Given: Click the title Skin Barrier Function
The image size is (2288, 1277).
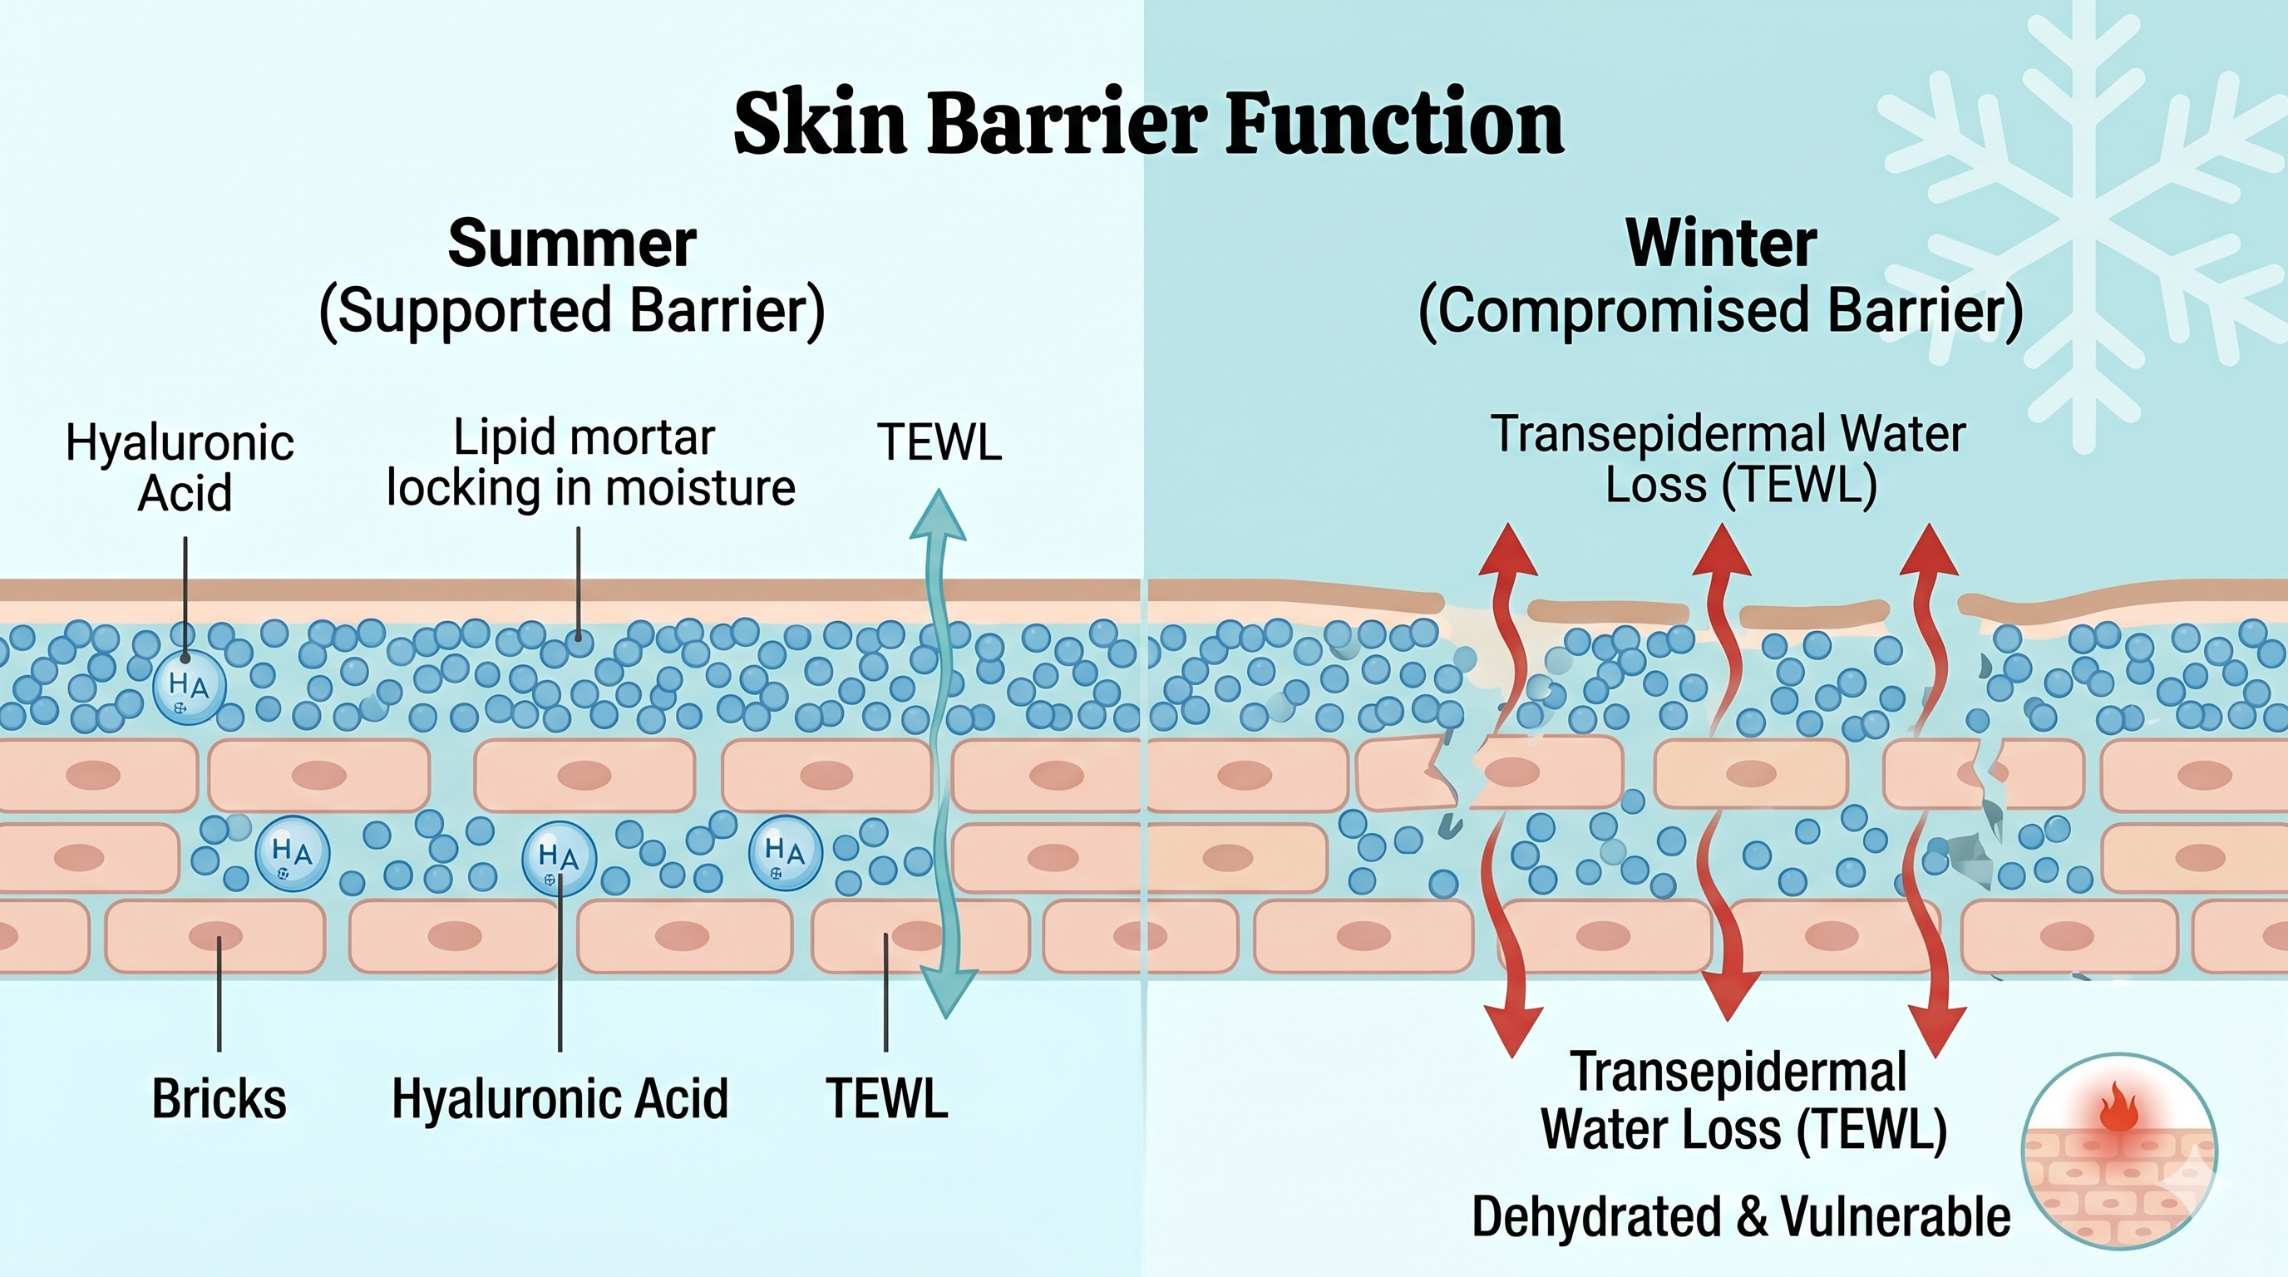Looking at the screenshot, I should (x=1147, y=125).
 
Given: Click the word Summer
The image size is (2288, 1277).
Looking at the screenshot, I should (x=571, y=244).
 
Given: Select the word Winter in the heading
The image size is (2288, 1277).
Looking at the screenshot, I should (x=1720, y=244).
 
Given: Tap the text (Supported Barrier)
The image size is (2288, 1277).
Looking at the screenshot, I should (x=571, y=311).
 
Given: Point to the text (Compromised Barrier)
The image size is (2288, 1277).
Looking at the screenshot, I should (x=1720, y=311).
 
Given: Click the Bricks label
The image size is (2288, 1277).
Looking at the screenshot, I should (x=219, y=1099).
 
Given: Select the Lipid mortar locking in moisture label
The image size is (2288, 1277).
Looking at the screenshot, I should (x=589, y=463).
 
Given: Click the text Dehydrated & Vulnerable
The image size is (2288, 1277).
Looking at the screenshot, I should (x=1741, y=1216).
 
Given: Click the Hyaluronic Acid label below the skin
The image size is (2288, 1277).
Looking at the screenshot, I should (x=560, y=1099).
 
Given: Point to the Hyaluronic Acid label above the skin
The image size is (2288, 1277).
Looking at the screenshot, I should (x=181, y=467).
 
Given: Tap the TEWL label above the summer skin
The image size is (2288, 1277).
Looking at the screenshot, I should (x=939, y=442).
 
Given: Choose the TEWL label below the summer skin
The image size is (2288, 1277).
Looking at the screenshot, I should (x=886, y=1099).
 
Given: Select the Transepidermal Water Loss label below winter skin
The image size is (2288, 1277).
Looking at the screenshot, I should (x=1741, y=1102).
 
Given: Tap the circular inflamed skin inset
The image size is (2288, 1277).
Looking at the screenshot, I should (x=2118, y=1151).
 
